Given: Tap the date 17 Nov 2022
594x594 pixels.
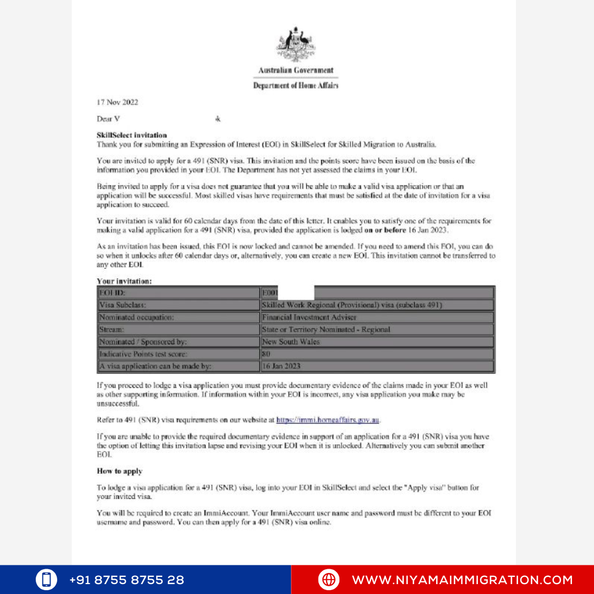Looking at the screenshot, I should click(x=117, y=102).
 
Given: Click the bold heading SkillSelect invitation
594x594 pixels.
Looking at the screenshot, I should click(x=131, y=135).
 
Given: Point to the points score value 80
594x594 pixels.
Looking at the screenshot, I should click(x=266, y=354).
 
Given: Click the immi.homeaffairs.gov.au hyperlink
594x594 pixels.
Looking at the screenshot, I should click(x=328, y=420).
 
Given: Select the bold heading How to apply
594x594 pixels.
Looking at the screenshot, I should click(x=119, y=471).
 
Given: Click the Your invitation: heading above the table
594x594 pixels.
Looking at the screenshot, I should click(x=124, y=281).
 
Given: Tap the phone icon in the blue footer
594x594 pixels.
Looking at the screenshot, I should click(x=47, y=580).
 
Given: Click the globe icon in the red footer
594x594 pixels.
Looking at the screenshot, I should click(x=328, y=580).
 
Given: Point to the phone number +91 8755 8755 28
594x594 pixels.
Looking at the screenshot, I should click(x=127, y=580).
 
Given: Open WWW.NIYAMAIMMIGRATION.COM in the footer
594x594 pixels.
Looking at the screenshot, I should click(x=462, y=580).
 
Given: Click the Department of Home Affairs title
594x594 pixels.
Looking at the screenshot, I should click(x=296, y=86).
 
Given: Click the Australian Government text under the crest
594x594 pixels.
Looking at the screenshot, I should click(x=296, y=70).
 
